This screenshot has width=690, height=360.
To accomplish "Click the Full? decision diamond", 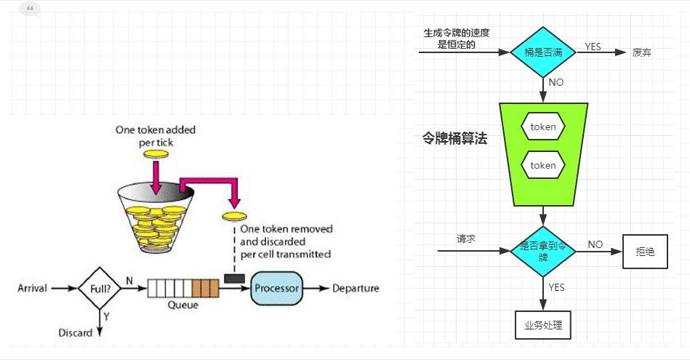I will tap(100, 289).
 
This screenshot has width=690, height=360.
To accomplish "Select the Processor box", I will tap(276, 289).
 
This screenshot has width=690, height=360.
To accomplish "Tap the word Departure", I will tap(356, 289).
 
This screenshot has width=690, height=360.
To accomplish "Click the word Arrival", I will tap(32, 289).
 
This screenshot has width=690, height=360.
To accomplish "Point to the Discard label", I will tap(76, 333).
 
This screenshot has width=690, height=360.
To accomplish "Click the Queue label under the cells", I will tap(182, 305).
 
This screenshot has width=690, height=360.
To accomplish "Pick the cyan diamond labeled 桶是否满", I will tap(544, 52).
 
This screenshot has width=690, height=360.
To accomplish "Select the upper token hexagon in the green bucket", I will tap(543, 127).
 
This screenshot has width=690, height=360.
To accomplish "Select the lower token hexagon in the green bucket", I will tap(543, 166).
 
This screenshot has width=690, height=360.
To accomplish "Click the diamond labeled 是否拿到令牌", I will tap(543, 251).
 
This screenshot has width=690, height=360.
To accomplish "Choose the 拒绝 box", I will tap(645, 252).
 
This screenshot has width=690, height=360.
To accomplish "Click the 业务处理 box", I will tap(543, 325).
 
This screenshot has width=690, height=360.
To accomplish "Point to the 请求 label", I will tap(466, 239).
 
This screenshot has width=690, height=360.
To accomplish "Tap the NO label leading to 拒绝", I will tap(595, 244).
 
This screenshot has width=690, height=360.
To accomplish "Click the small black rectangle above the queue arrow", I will tap(234, 278).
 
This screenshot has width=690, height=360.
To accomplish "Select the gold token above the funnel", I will tap(155, 154).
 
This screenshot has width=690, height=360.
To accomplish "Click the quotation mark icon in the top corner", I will tap(29, 9).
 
